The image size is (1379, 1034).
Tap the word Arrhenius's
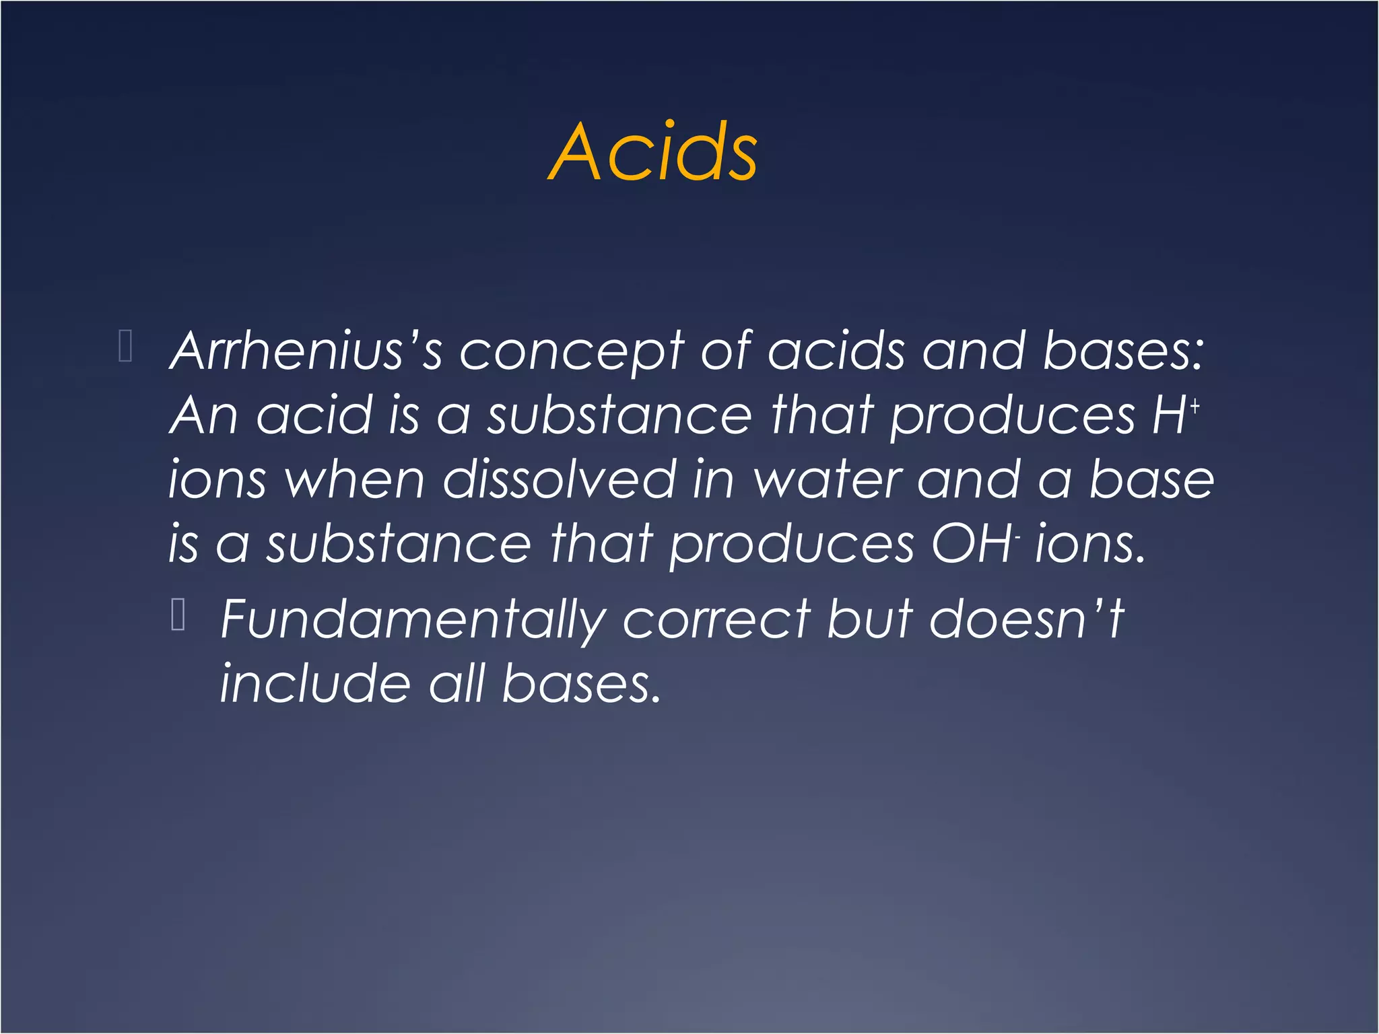306,351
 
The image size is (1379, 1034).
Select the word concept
571,352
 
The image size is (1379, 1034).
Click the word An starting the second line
203,415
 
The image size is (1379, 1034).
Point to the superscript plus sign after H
1195,406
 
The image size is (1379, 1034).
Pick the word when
354,479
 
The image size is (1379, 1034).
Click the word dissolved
560,479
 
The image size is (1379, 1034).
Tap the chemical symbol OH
970,544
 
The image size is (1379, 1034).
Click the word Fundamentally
413,619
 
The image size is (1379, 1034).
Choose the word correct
716,619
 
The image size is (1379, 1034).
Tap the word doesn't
1026,619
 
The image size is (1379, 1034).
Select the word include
315,683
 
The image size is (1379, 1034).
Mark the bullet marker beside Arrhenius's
125,347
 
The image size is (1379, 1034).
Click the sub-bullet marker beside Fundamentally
178,614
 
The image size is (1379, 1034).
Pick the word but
869,619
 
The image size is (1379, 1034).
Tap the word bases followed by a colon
1122,351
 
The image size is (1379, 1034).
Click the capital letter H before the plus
1169,415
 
